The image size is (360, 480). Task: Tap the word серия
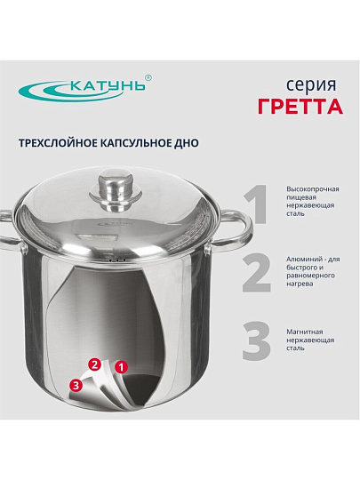[311, 85]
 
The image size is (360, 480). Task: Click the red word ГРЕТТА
[300, 107]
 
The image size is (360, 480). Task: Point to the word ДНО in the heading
[188, 143]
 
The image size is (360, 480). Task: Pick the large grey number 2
[257, 274]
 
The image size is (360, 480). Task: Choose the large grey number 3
[257, 340]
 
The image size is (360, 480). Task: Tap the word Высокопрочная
[313, 189]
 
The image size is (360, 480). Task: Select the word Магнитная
[305, 332]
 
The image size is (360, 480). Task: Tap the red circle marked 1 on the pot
[121, 367]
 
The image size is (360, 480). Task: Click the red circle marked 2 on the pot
[94, 364]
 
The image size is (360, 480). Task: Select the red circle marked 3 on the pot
[76, 385]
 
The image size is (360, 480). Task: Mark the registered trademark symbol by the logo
[148, 77]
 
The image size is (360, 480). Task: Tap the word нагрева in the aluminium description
[300, 284]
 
